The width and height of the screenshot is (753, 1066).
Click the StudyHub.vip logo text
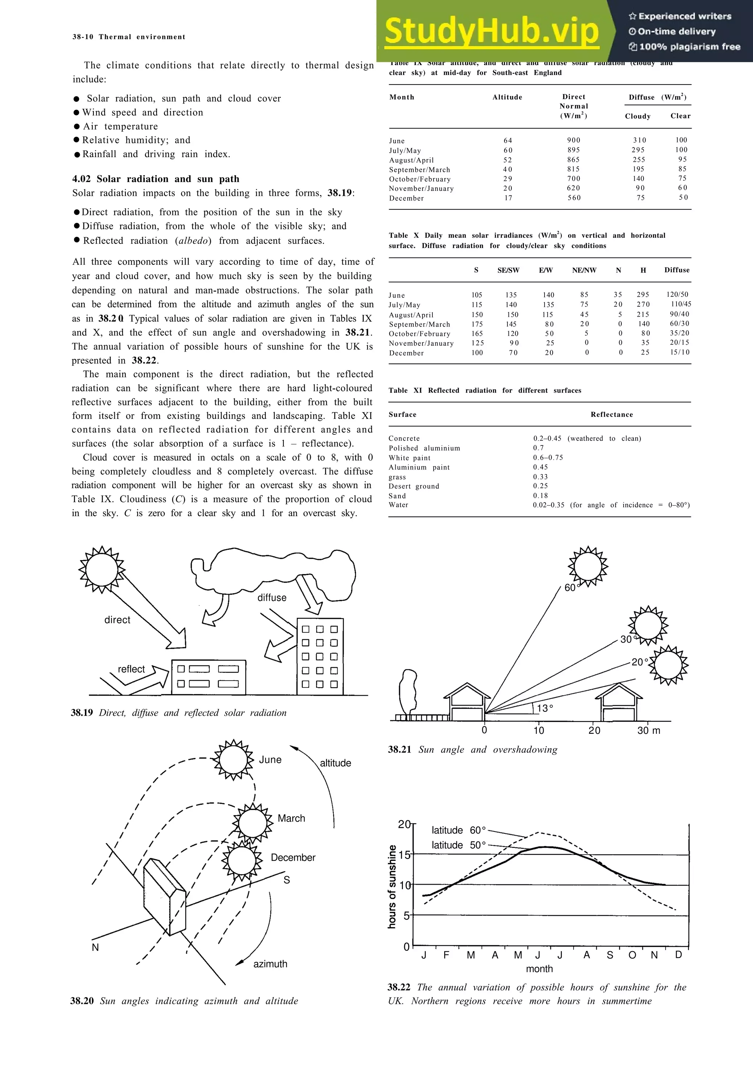pos(492,32)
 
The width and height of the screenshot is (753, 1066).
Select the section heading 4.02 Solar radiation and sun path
pos(156,179)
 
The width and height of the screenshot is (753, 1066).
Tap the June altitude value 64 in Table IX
pos(507,140)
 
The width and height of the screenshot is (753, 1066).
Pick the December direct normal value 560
pos(574,198)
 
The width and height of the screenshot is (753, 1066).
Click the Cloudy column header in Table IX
pos(638,116)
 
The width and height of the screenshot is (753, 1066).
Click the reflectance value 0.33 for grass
pos(540,477)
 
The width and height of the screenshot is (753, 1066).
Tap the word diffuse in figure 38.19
pos(272,597)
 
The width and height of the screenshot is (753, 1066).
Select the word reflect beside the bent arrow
pos(131,669)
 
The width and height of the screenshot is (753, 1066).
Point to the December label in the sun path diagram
pos(293,857)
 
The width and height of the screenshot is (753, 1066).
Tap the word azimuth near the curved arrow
pos(270,964)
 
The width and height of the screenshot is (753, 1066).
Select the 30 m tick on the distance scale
pos(648,730)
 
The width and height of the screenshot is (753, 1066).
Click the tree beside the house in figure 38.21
pos(408,690)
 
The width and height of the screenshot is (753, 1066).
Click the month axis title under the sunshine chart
pos(539,969)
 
